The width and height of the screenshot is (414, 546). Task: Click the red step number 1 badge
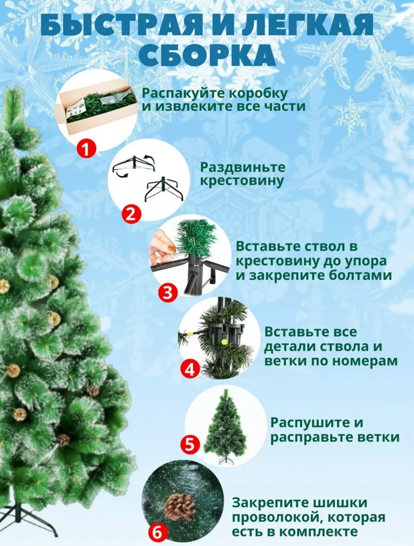point(87,148)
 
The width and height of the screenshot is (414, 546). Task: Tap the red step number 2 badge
point(131,214)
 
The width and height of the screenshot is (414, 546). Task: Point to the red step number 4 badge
point(190,370)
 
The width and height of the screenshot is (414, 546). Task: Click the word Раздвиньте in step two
point(243,167)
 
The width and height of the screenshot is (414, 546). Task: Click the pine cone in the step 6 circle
point(179,505)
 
